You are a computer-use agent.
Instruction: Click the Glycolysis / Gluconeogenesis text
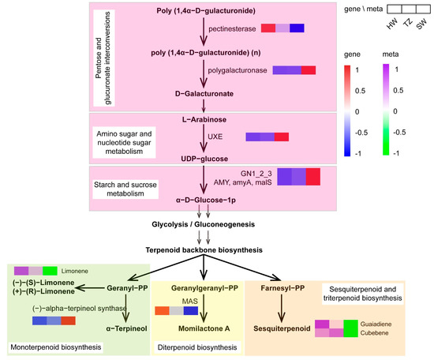click(204, 224)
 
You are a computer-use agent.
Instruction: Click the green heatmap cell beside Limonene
click(51, 271)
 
